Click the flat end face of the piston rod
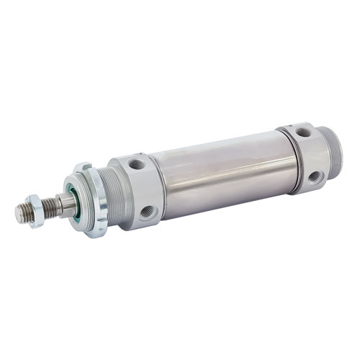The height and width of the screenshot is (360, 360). [x=19, y=212]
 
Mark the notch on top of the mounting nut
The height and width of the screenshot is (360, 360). [x=81, y=168]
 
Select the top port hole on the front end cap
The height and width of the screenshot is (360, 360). [x=136, y=164]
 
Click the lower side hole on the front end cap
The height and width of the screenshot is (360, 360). [x=147, y=212]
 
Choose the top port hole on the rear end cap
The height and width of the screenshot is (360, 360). [x=304, y=132]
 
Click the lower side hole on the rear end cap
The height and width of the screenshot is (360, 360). [x=314, y=176]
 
